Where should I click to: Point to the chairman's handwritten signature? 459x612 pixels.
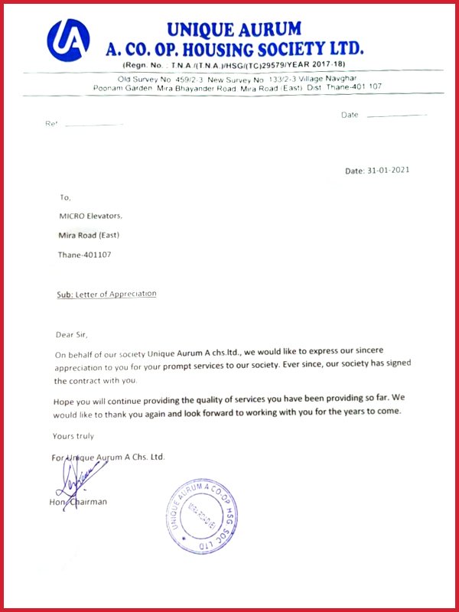[x=74, y=479]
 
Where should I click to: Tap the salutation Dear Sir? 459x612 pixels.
[x=72, y=334]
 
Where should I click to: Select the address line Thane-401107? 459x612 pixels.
[x=84, y=254]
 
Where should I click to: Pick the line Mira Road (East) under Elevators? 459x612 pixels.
[x=89, y=235]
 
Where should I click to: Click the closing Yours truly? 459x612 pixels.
[x=73, y=436]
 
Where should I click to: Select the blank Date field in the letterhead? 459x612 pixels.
[x=396, y=115]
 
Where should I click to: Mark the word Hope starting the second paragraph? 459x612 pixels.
[x=66, y=400]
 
